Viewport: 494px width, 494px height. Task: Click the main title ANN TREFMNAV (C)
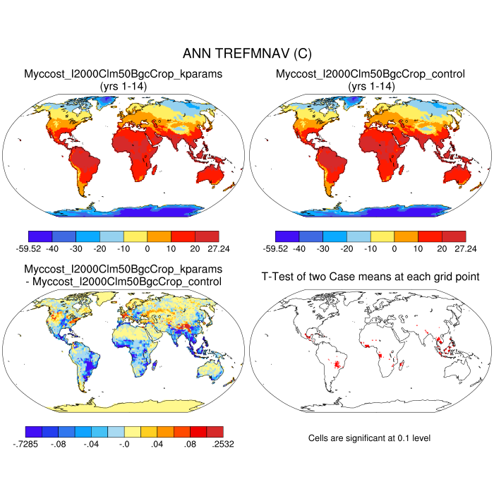[247, 54]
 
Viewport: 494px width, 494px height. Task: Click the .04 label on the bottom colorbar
[157, 444]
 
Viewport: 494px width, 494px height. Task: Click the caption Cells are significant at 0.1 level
[369, 438]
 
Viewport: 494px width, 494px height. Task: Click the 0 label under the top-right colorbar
[394, 248]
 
